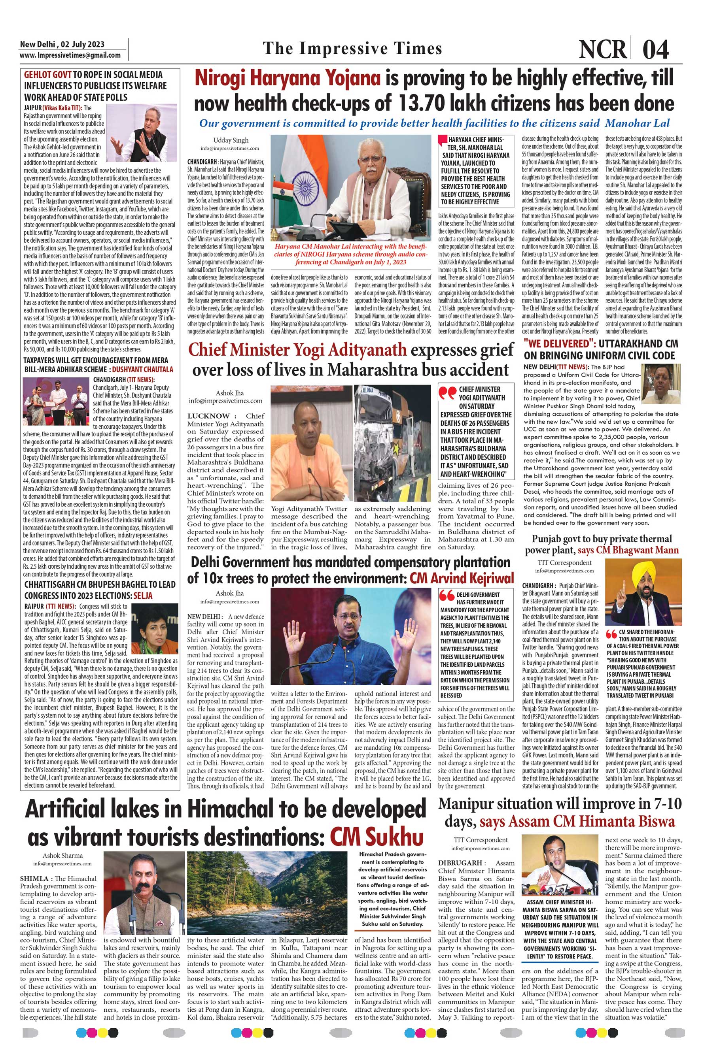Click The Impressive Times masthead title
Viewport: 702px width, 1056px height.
[x=352, y=48]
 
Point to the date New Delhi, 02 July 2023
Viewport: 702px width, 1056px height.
[x=62, y=44]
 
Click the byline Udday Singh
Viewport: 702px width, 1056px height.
[x=230, y=140]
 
